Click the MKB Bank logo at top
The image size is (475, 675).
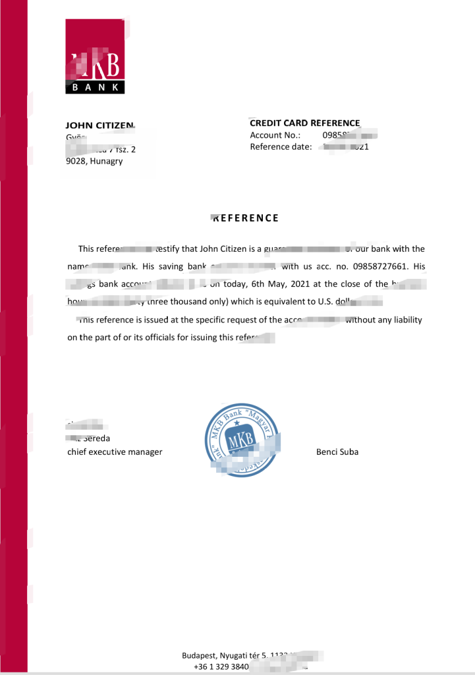(x=95, y=57)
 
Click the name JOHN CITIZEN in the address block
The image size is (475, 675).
(x=100, y=125)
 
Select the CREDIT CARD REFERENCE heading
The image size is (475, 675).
(x=305, y=123)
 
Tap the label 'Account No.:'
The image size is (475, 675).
(x=275, y=135)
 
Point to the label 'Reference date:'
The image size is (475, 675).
(x=281, y=147)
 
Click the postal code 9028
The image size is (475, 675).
(x=78, y=161)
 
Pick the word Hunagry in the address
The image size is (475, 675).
(x=107, y=161)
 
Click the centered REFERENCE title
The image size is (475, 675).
(x=245, y=218)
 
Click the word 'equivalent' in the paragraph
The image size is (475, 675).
(x=280, y=302)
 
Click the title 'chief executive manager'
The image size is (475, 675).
(x=115, y=452)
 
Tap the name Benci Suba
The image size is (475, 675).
(x=337, y=452)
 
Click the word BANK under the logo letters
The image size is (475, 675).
(x=95, y=87)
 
